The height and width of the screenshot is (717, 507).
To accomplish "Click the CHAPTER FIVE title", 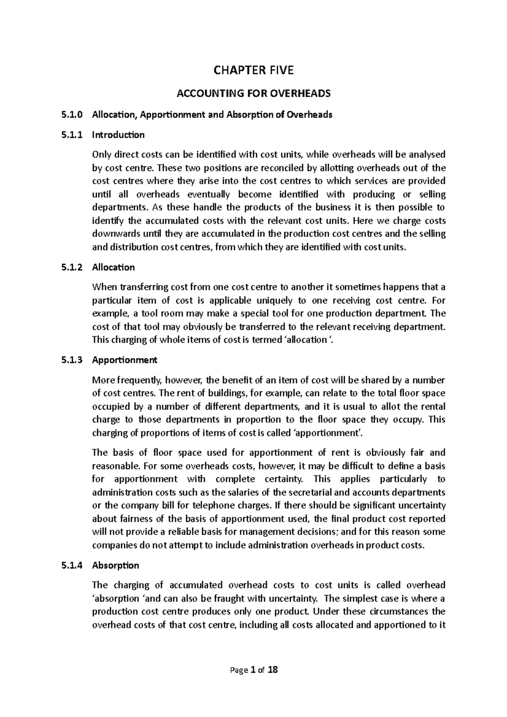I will (253, 70).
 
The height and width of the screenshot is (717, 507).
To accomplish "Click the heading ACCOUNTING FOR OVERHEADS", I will (253, 93).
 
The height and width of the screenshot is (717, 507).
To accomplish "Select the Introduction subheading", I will (118, 135).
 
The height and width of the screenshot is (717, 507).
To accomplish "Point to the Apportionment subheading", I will (125, 360).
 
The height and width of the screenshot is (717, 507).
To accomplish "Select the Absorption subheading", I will (115, 565).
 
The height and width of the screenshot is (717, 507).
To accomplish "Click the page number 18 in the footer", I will (273, 670).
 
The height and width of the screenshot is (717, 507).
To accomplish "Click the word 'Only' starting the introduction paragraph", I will (100, 155).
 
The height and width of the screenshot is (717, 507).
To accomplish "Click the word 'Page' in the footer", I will (238, 671).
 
